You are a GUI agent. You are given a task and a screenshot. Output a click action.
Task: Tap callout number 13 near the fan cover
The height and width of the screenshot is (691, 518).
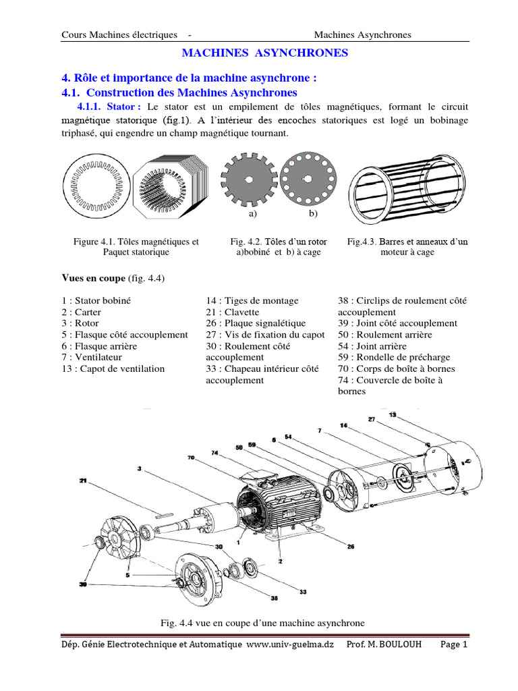click(393, 414)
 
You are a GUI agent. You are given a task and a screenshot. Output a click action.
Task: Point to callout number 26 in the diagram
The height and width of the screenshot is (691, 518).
click(350, 547)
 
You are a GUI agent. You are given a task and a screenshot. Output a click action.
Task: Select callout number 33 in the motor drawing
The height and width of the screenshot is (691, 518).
click(303, 592)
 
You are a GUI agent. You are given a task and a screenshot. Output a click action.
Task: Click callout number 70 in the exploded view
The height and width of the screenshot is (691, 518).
click(191, 457)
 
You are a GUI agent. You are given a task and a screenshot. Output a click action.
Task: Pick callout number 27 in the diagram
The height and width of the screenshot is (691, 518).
click(372, 419)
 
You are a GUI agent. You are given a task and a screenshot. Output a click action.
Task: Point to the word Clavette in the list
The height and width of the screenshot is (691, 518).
click(240, 312)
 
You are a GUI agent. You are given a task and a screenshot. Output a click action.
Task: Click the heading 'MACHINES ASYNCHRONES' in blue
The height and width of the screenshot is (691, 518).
click(266, 53)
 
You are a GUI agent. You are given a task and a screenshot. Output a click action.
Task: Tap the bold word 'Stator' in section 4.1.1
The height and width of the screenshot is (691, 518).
click(123, 107)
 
